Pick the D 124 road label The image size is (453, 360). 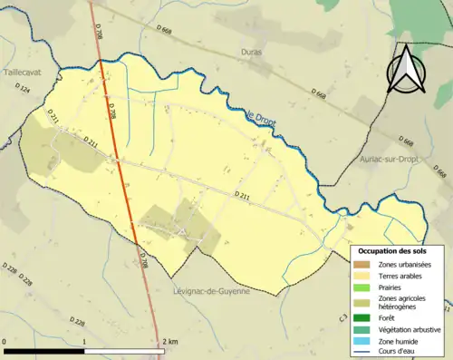point(24,90)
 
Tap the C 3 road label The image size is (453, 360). point(343,319)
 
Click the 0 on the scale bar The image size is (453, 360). point(5,341)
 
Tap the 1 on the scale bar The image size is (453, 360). point(84,341)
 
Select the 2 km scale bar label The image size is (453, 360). point(169,341)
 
